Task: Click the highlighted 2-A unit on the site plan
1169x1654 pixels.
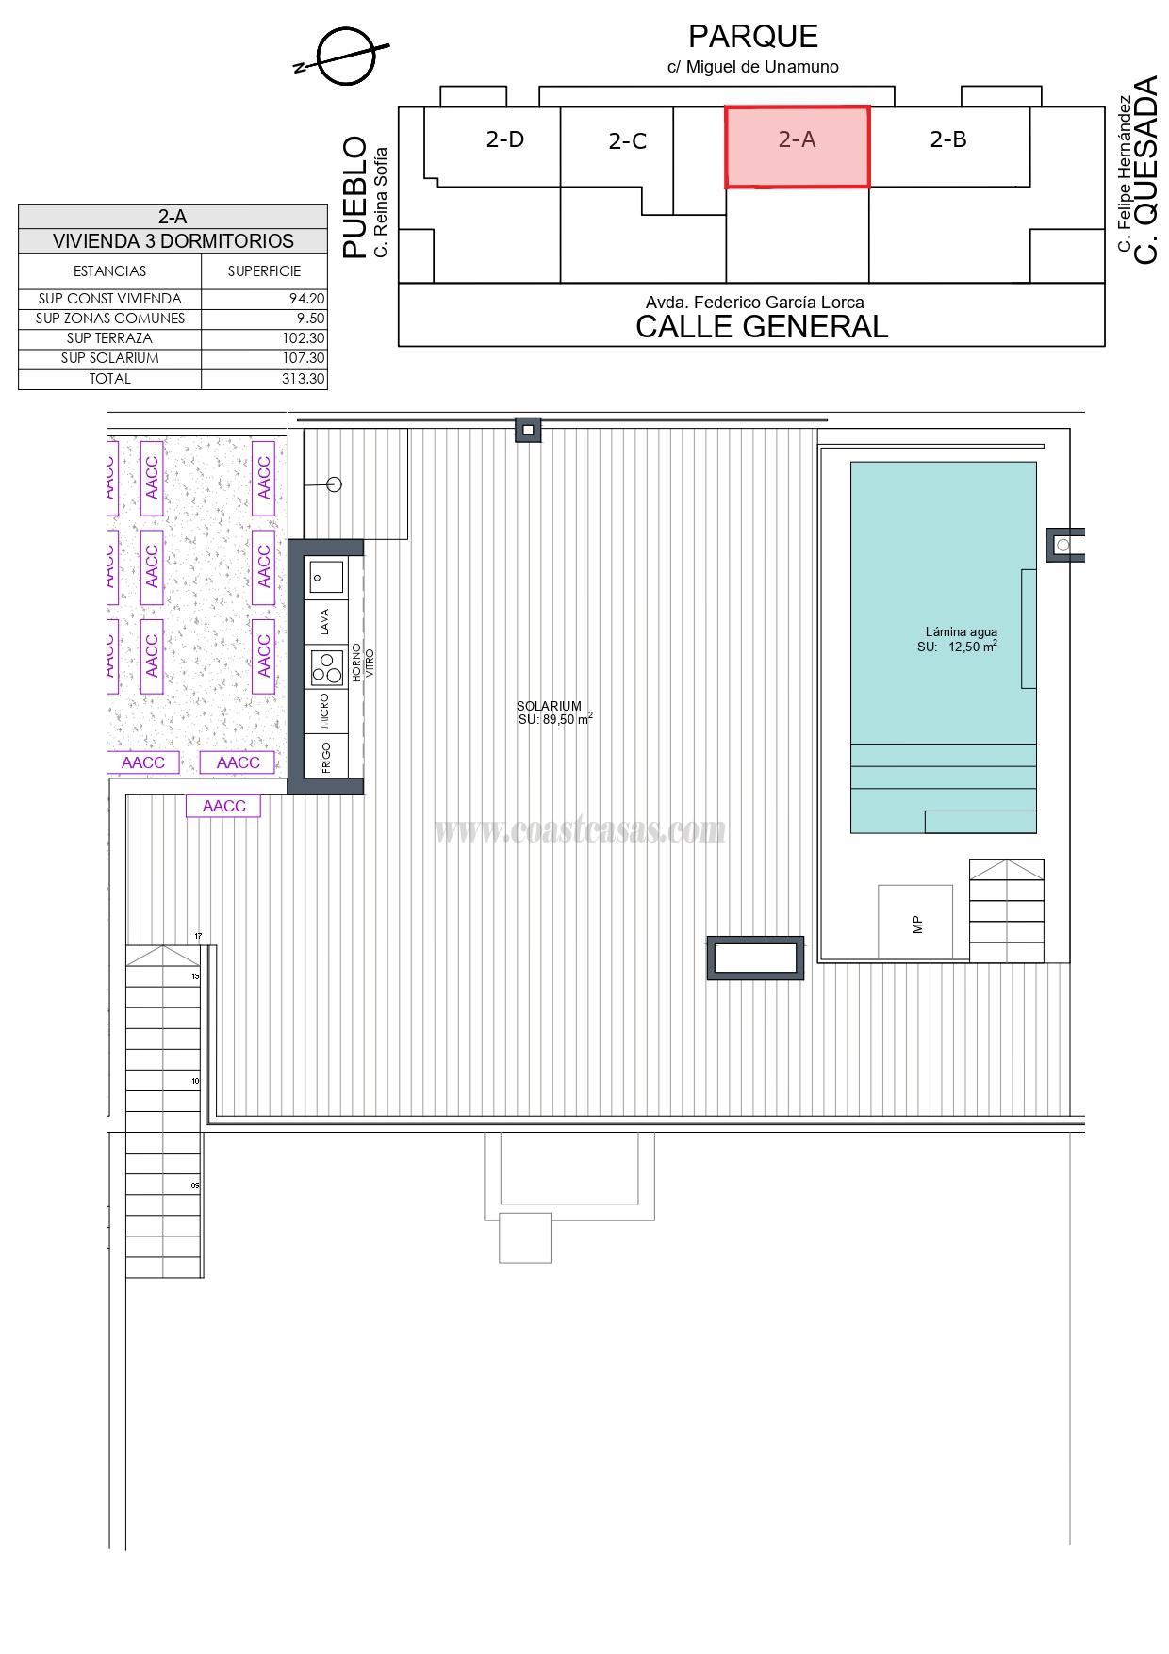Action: tap(797, 147)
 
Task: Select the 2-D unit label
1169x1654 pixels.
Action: tap(505, 139)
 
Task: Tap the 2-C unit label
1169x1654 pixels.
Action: tap(628, 141)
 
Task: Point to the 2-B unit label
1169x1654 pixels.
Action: tap(948, 139)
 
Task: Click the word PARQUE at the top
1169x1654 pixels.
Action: tap(752, 37)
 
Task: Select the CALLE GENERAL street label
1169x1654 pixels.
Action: tap(762, 327)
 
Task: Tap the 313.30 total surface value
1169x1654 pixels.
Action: tap(304, 379)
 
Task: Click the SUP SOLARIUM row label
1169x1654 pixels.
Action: tap(110, 358)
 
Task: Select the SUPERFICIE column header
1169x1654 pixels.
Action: tap(264, 271)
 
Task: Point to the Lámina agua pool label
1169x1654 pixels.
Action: tap(961, 632)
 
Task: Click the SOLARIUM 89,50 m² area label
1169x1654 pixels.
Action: tap(554, 712)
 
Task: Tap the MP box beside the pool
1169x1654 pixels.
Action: tap(915, 923)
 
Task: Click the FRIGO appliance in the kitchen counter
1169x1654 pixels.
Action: tap(326, 758)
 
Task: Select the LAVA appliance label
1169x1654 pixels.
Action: tap(325, 621)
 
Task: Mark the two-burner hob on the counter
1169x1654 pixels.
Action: tap(327, 667)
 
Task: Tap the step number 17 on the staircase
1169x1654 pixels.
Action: tap(198, 936)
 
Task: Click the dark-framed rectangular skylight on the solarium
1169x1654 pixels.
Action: tap(756, 958)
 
